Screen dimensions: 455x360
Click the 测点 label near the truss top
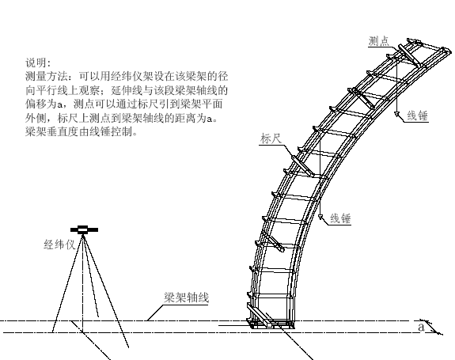(x=379, y=41)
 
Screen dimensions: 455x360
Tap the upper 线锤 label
(x=418, y=116)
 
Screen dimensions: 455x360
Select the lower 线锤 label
(x=341, y=218)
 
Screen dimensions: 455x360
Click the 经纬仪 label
(x=59, y=244)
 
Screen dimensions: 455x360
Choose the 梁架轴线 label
(x=186, y=297)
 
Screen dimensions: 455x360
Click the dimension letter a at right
(x=421, y=327)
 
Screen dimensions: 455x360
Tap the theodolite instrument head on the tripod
(x=84, y=229)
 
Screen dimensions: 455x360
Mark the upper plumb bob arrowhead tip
(x=396, y=116)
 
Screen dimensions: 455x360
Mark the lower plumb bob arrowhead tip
(x=320, y=219)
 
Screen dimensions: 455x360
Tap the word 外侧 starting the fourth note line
(x=36, y=118)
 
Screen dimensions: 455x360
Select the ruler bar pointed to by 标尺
(x=302, y=165)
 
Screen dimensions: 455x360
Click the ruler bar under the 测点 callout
(x=409, y=55)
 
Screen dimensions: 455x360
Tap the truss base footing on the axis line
(x=271, y=323)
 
